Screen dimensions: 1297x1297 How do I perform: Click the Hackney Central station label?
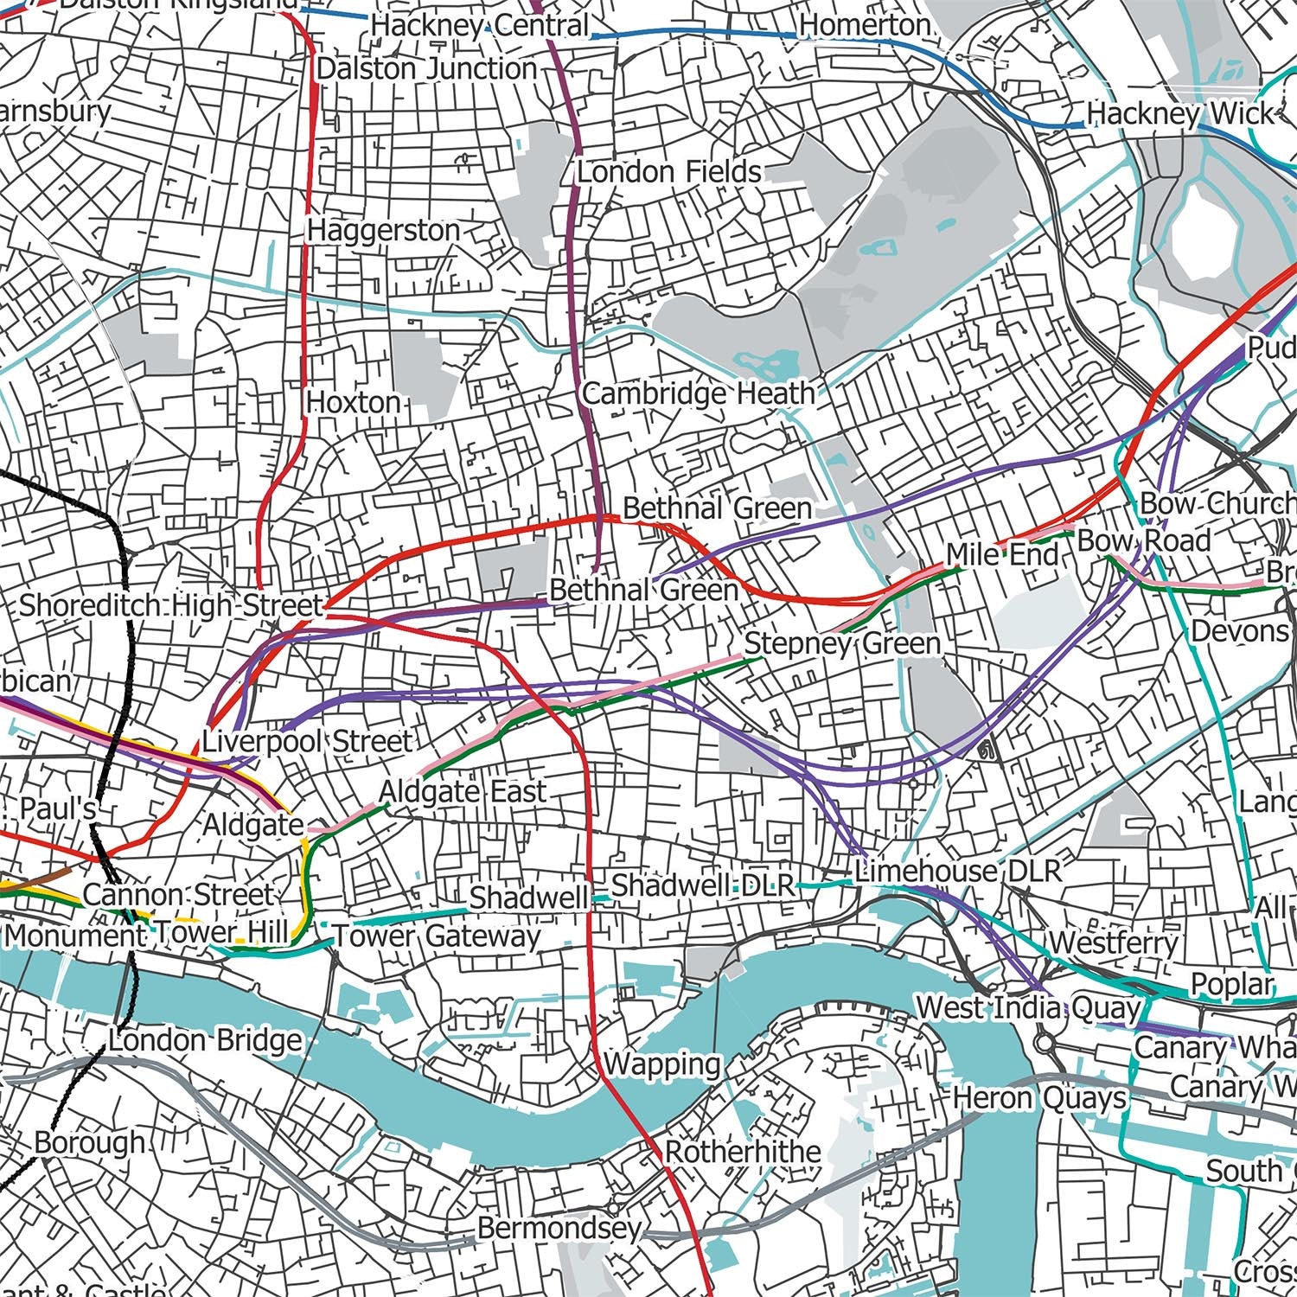(x=480, y=25)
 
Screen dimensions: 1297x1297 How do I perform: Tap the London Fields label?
(x=669, y=172)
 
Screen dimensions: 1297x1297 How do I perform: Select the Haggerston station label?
(x=384, y=231)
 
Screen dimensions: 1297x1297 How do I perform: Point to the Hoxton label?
(x=353, y=403)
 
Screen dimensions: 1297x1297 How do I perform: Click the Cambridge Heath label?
(x=699, y=394)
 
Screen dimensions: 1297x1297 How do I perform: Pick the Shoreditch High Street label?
(x=170, y=605)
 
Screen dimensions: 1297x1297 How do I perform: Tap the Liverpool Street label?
(x=307, y=742)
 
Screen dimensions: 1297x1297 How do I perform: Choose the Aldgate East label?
(x=463, y=791)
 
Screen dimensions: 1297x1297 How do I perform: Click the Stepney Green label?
(x=842, y=644)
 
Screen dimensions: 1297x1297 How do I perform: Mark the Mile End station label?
(x=1002, y=554)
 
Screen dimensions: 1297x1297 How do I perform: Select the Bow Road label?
(x=1143, y=541)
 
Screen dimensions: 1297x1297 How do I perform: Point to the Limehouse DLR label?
(x=958, y=871)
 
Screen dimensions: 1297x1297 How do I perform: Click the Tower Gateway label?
(x=437, y=936)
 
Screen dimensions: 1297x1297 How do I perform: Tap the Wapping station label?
(x=662, y=1064)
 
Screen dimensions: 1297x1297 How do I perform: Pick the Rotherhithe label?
(x=743, y=1153)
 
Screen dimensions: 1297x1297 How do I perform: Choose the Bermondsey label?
(x=559, y=1228)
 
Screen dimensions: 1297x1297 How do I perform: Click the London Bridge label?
(x=205, y=1040)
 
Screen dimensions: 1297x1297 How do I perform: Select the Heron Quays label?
(x=1039, y=1099)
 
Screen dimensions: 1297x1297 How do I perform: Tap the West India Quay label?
(x=1029, y=1008)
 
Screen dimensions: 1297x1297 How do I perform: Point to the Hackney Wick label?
(x=1180, y=114)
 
